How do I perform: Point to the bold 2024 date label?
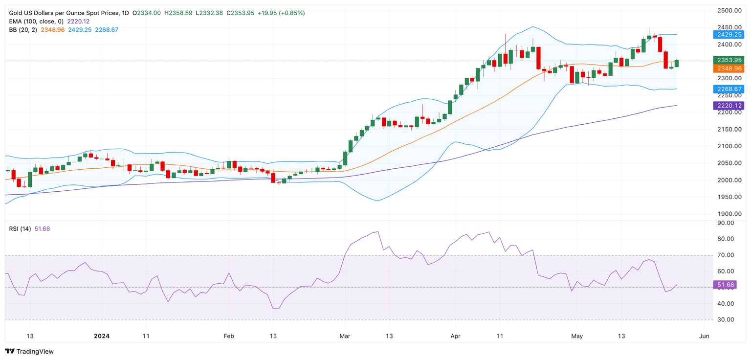click(x=102, y=336)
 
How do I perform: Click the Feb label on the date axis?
click(x=228, y=336)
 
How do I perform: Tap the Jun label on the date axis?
click(x=705, y=336)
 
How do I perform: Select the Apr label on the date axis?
click(x=455, y=336)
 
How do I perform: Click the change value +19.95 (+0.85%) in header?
click(x=281, y=13)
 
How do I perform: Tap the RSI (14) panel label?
click(x=20, y=228)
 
